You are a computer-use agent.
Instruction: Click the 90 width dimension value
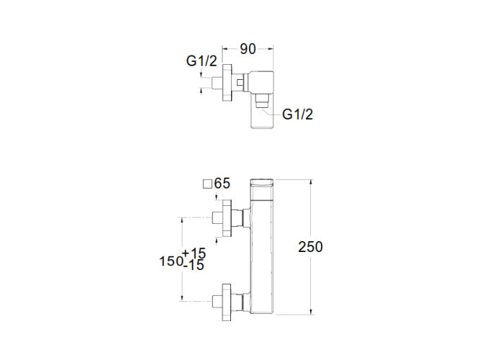pos(248,49)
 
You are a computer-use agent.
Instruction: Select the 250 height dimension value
pos(310,246)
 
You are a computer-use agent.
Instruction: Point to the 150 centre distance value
pos(170,261)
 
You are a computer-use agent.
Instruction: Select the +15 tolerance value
pos(194,253)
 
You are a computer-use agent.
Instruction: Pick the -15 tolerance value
pos(194,266)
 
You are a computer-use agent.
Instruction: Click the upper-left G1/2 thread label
pos(202,61)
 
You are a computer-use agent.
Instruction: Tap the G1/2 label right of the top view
pos(298,114)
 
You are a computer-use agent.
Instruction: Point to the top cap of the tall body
pos(263,181)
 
